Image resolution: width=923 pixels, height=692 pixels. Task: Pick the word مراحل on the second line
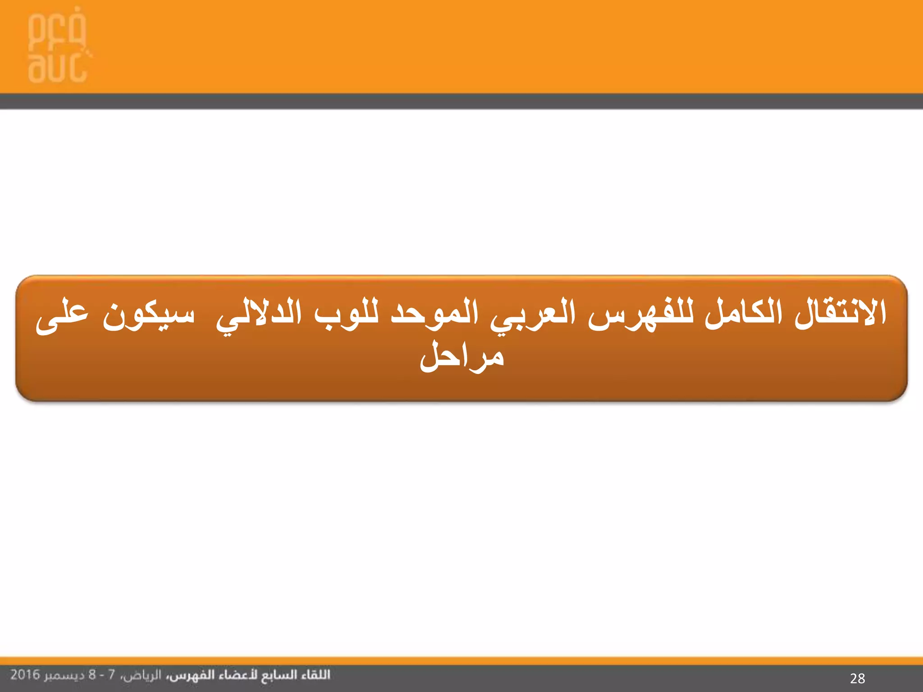click(x=461, y=357)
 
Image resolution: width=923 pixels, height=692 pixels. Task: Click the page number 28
click(x=857, y=678)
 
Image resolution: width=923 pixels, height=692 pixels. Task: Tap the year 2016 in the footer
click(x=25, y=675)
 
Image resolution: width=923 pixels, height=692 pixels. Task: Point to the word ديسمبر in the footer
click(x=64, y=675)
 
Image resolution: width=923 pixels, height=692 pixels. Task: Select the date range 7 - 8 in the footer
click(x=102, y=675)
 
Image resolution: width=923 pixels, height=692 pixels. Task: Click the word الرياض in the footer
click(x=142, y=675)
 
